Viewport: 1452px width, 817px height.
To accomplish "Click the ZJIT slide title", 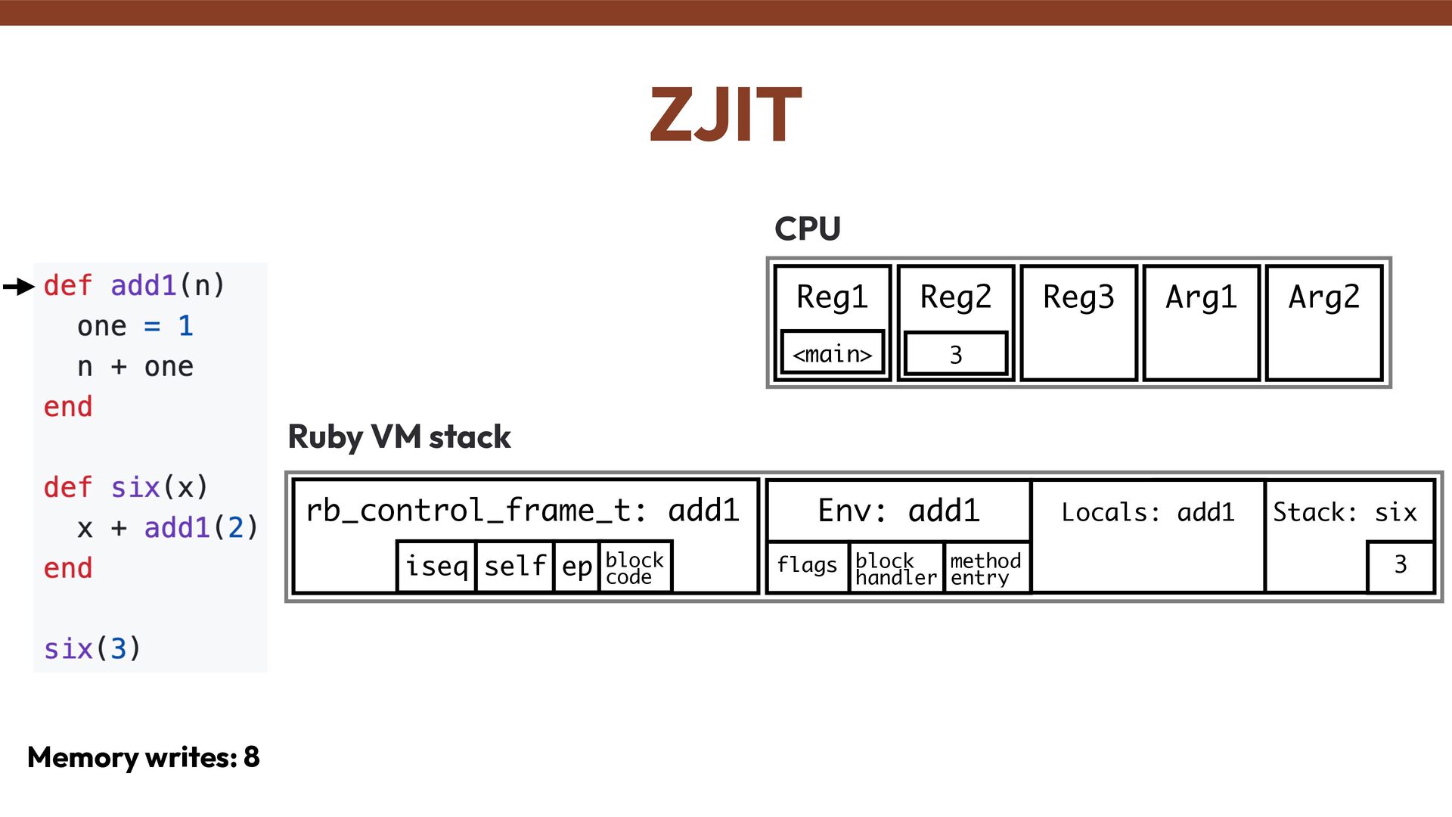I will click(725, 115).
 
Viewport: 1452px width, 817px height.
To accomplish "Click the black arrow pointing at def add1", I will click(19, 287).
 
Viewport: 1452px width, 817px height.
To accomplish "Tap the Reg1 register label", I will click(832, 297).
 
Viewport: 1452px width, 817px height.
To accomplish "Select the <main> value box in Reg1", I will click(832, 353).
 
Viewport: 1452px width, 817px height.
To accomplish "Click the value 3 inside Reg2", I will click(956, 354).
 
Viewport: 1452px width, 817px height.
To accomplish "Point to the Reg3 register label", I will click(1078, 297).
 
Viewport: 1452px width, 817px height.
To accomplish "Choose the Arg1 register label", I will click(1201, 297).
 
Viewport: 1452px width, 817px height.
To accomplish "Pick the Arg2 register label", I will click(1324, 297).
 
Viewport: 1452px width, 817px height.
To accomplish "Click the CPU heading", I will click(807, 228).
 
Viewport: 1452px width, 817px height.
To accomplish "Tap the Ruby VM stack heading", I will click(399, 437).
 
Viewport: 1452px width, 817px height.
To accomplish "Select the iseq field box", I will click(436, 566).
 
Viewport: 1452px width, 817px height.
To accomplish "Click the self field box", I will click(515, 566).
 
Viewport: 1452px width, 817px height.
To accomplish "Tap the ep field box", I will click(576, 566).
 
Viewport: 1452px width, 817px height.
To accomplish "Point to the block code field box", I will click(634, 567).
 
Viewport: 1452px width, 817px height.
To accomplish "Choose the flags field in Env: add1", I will click(807, 566).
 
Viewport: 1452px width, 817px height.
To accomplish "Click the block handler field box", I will click(896, 568).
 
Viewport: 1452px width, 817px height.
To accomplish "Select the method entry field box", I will click(985, 568).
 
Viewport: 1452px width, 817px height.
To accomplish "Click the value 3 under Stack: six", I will click(1401, 565).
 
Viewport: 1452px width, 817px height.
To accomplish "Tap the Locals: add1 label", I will click(1147, 513).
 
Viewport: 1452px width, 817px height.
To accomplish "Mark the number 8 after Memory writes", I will click(252, 757).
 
